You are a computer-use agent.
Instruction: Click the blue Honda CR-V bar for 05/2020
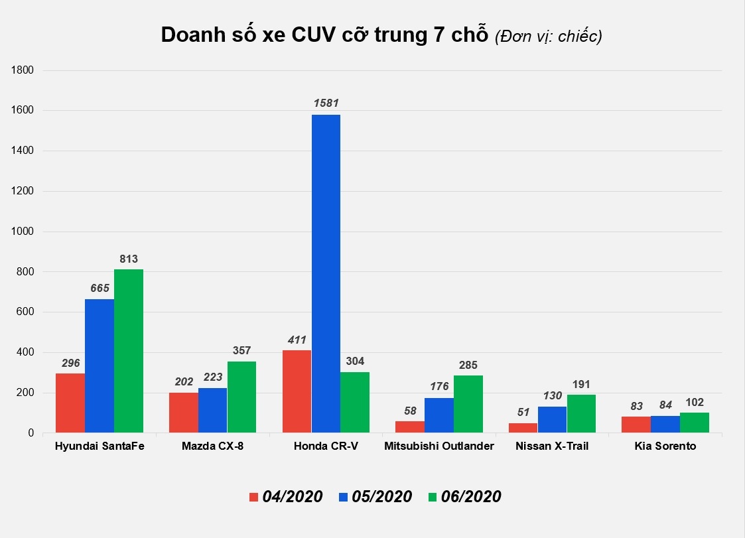(326, 273)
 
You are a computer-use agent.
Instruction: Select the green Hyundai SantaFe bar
(128, 351)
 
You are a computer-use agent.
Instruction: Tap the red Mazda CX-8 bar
(184, 413)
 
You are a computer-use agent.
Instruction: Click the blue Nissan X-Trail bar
(552, 419)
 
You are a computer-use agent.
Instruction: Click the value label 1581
(326, 103)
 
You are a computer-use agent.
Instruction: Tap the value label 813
(128, 259)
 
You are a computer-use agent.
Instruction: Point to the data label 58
(410, 411)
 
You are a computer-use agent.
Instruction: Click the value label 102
(694, 402)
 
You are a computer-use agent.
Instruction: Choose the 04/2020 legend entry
(285, 496)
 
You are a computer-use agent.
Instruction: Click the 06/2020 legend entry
(464, 496)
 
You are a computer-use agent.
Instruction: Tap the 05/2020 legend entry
(375, 496)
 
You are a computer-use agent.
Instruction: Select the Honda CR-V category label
(326, 446)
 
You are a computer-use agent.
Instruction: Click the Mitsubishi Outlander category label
(439, 446)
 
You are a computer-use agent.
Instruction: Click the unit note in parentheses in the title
(548, 37)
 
